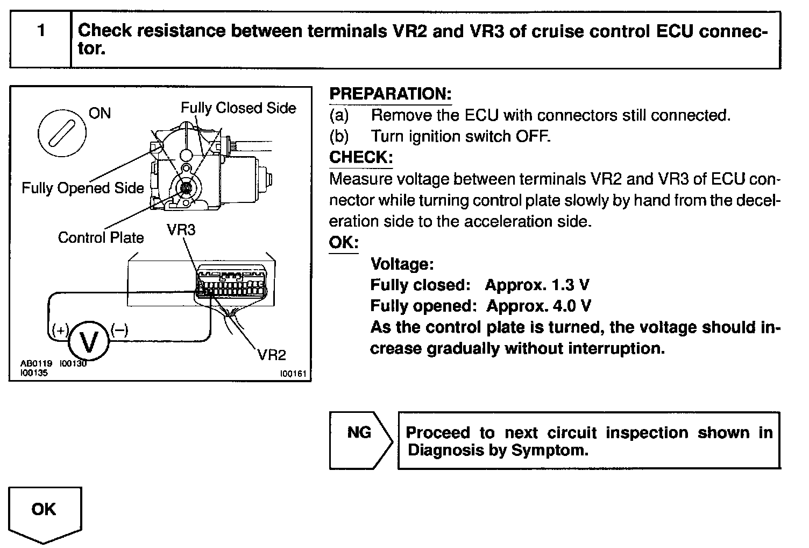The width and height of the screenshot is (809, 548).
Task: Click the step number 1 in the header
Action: click(41, 31)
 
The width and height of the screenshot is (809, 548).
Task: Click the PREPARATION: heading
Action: click(390, 94)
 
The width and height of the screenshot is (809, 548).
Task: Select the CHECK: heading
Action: click(361, 157)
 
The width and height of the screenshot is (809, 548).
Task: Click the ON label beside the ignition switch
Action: click(100, 113)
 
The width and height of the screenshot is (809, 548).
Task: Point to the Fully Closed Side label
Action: click(238, 108)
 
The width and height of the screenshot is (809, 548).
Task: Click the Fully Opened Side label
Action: click(82, 188)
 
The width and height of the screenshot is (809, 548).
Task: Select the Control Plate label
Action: click(101, 237)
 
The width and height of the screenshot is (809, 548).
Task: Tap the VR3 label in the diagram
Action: click(181, 230)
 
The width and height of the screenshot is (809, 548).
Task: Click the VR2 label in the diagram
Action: click(272, 355)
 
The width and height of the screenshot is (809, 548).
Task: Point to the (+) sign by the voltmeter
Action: click(60, 330)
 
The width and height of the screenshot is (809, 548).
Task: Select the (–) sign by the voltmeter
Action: click(119, 330)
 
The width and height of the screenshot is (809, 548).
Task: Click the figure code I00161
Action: click(293, 373)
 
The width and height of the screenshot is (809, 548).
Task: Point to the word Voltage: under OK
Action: click(402, 264)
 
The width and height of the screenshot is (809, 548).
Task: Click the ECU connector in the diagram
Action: click(231, 282)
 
